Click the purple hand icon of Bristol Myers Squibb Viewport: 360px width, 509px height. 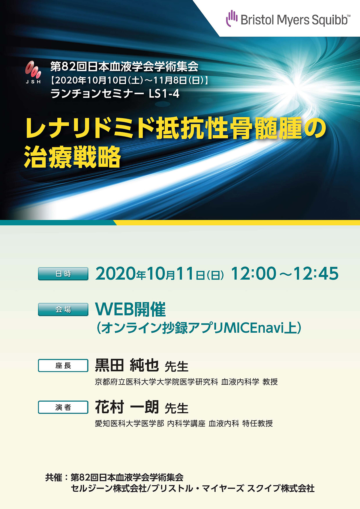click(x=232, y=18)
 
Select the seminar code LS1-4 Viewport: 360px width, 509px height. click(x=164, y=94)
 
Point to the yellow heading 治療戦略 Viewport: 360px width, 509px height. click(x=72, y=157)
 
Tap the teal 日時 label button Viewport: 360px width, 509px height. click(x=63, y=274)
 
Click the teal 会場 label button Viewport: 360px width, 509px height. click(x=63, y=310)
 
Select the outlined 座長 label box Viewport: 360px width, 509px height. click(x=63, y=365)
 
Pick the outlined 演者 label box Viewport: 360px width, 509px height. click(x=63, y=407)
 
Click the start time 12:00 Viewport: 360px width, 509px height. click(x=253, y=273)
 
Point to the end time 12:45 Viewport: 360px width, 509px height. click(x=316, y=273)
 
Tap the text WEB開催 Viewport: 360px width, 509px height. click(x=130, y=309)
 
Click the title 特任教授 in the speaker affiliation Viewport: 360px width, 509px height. click(x=257, y=423)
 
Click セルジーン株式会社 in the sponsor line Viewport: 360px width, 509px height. click(x=109, y=488)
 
